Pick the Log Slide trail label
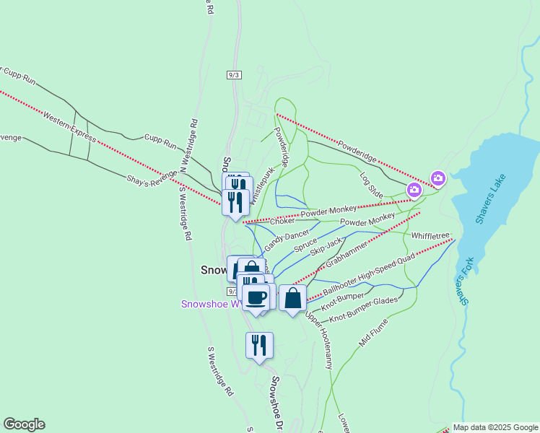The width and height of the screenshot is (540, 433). pyautogui.click(x=371, y=185)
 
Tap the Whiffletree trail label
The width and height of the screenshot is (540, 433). pyautogui.click(x=431, y=235)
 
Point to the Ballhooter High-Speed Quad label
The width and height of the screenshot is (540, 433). pyautogui.click(x=368, y=276)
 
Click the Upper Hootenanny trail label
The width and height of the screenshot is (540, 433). pyautogui.click(x=318, y=342)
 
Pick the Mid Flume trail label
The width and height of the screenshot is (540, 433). pyautogui.click(x=373, y=333)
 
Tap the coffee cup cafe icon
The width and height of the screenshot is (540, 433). pyautogui.click(x=256, y=297)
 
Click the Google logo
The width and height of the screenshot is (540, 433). pyautogui.click(x=24, y=424)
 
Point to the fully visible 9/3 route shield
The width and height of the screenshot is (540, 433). pyautogui.click(x=233, y=75)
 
